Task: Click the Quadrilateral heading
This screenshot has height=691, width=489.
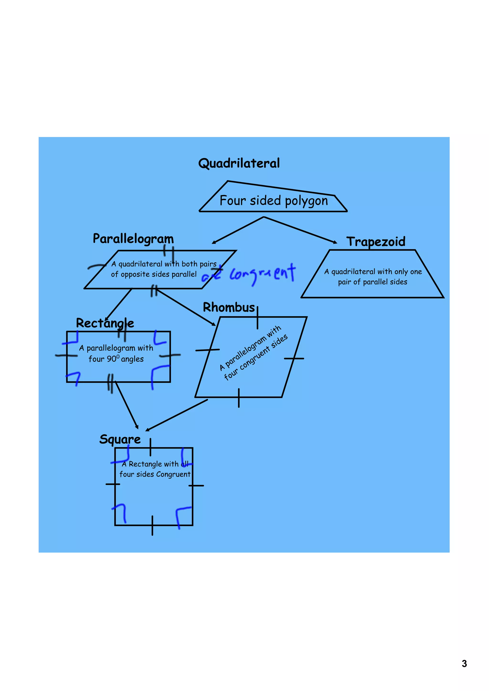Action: pyautogui.click(x=239, y=163)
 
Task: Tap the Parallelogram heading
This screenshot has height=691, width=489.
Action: pyautogui.click(x=133, y=239)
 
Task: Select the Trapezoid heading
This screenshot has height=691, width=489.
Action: pyautogui.click(x=376, y=241)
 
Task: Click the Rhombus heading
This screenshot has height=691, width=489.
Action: pyautogui.click(x=229, y=307)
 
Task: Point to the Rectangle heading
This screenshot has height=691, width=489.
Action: pyautogui.click(x=105, y=323)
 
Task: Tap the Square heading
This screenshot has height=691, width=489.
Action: pyautogui.click(x=120, y=439)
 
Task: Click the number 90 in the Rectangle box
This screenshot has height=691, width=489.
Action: pyautogui.click(x=112, y=359)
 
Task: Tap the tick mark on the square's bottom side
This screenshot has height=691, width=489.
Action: pyautogui.click(x=152, y=526)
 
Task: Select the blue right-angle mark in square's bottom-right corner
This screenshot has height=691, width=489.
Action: pyautogui.click(x=182, y=516)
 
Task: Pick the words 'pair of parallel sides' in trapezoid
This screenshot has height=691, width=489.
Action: pyautogui.click(x=372, y=282)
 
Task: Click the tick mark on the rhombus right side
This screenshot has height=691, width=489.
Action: pyautogui.click(x=294, y=358)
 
